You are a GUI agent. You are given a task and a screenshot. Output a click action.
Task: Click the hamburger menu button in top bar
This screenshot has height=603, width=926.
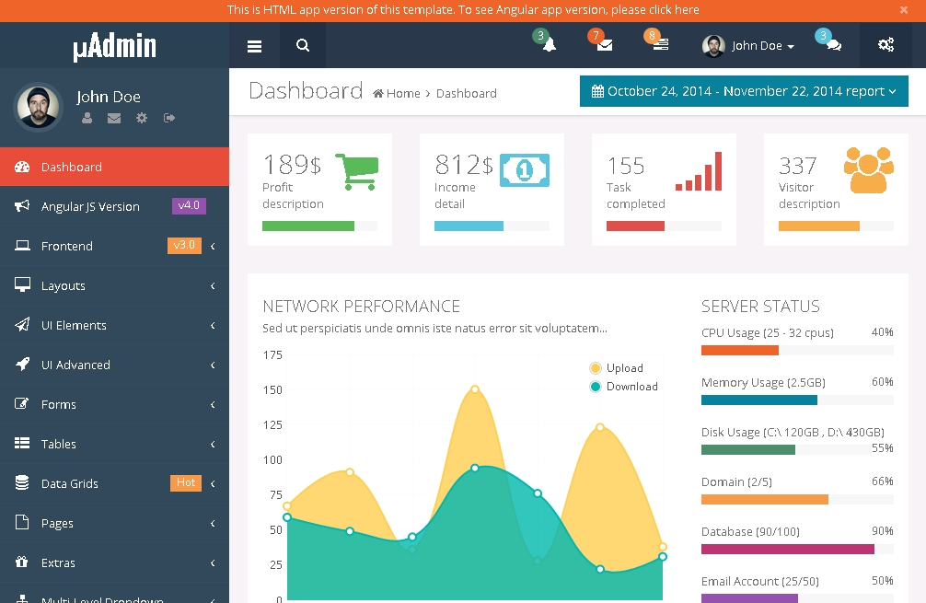point(255,46)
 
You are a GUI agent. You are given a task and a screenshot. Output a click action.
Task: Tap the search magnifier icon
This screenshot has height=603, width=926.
point(303,46)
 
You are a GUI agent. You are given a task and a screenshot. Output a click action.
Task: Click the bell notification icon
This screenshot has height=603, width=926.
point(550,45)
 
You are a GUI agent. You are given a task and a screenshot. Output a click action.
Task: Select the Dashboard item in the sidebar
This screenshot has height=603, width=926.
point(71,167)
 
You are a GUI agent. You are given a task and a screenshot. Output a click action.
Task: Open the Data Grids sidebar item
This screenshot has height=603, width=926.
point(69,483)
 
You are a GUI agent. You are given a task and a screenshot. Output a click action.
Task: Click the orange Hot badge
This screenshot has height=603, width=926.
point(186,482)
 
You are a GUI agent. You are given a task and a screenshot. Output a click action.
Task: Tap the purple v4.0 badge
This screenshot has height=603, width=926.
point(189,205)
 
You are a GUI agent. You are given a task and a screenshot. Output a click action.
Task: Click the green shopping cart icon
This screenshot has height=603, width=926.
point(356,171)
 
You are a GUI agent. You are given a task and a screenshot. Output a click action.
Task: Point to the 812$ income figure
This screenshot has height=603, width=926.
point(464,165)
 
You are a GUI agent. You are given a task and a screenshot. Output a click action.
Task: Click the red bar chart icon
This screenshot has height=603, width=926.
point(699,171)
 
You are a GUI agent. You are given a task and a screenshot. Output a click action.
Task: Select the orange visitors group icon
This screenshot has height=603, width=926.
point(869,169)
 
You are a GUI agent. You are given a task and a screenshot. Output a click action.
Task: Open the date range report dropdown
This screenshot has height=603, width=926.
point(744,91)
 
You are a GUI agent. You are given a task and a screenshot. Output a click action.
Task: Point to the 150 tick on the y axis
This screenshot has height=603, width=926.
point(272,389)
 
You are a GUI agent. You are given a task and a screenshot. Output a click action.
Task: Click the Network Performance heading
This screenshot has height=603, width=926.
point(361,307)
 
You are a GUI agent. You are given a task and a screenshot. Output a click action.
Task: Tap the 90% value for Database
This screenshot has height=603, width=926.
point(882,531)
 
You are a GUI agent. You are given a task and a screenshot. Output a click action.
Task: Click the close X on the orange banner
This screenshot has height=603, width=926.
point(904,10)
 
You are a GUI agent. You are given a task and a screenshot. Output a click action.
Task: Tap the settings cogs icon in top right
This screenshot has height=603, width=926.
point(885,45)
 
